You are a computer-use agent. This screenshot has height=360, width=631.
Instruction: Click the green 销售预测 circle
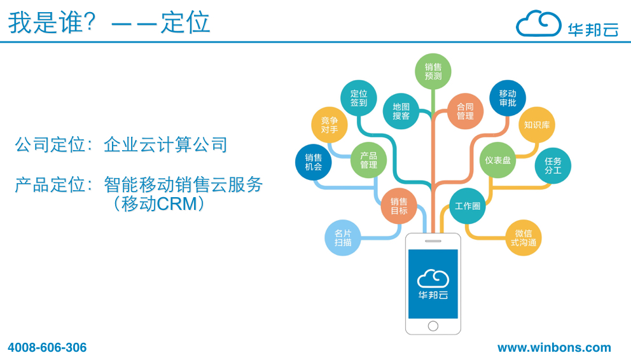(x=433, y=72)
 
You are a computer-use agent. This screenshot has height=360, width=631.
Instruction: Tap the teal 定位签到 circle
(x=359, y=98)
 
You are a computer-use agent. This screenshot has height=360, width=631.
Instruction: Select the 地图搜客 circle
(x=401, y=111)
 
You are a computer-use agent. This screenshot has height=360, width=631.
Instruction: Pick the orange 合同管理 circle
(x=465, y=111)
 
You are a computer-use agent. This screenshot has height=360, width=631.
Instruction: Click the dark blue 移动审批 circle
(x=508, y=98)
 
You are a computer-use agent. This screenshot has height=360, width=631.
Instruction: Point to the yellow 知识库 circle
(x=537, y=125)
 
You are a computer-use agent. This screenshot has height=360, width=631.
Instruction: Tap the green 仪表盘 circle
(x=498, y=160)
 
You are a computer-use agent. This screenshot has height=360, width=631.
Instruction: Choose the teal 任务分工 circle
(x=553, y=166)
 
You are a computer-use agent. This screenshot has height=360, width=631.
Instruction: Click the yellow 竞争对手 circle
(x=329, y=125)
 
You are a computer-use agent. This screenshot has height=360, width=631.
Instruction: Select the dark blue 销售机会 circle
(x=313, y=162)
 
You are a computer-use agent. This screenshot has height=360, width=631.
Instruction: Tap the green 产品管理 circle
(x=369, y=160)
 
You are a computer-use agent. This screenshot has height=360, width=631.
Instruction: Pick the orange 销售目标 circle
(x=399, y=206)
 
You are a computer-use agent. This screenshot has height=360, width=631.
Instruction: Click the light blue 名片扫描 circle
(x=343, y=238)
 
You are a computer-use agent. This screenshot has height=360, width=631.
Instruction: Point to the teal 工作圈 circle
(x=468, y=206)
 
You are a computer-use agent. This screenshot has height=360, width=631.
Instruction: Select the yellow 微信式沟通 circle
(x=524, y=238)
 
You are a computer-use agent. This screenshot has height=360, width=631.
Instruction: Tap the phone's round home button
(x=433, y=326)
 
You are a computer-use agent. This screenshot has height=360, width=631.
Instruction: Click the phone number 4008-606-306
(x=47, y=347)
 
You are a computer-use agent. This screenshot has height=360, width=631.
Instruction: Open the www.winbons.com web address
(x=554, y=347)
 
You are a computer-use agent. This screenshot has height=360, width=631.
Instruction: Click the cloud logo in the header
(x=538, y=24)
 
